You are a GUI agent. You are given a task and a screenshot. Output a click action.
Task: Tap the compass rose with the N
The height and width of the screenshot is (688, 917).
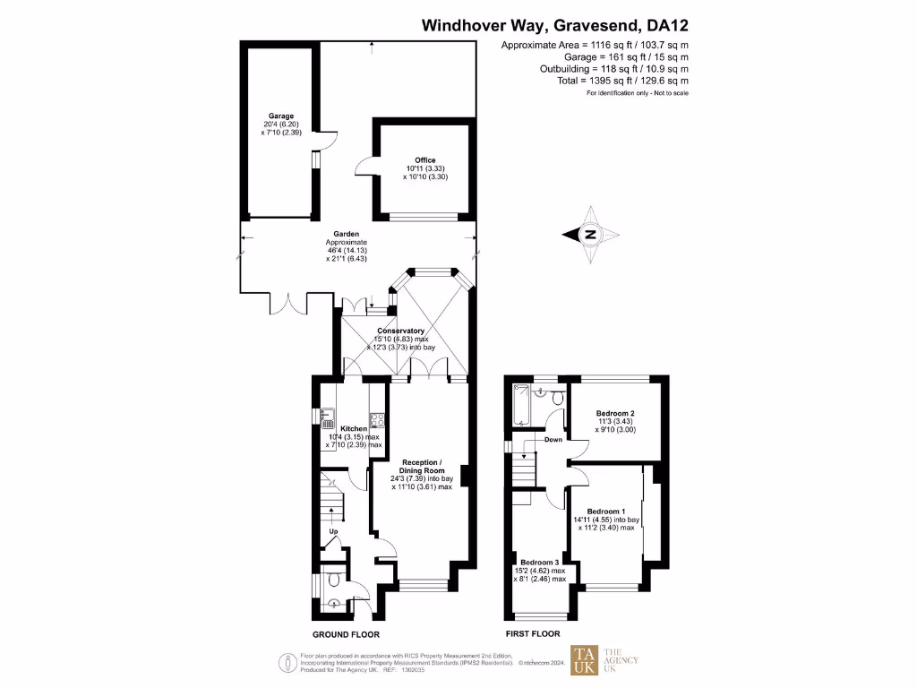click(591, 235)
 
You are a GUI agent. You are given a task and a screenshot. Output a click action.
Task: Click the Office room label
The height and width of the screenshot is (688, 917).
click(424, 160)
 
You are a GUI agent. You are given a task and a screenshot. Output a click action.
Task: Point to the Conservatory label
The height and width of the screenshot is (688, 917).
click(400, 331)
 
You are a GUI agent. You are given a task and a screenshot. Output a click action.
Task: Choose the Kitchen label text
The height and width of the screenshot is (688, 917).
click(353, 429)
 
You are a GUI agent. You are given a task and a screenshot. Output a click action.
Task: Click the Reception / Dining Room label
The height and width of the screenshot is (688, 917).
click(422, 466)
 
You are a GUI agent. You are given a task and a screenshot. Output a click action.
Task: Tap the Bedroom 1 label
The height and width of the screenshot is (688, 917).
click(607, 512)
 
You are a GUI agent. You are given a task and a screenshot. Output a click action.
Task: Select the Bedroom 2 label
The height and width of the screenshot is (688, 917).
click(615, 414)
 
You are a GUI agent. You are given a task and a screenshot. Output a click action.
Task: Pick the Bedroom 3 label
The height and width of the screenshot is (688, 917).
click(539, 562)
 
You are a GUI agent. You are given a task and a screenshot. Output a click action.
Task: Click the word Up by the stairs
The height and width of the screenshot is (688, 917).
click(334, 532)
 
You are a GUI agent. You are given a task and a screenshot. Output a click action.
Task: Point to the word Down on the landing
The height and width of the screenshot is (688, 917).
click(553, 440)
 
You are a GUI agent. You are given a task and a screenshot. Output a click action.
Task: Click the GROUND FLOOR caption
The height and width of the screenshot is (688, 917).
click(346, 633)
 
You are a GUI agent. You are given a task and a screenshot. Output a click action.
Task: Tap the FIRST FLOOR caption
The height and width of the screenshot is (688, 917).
click(533, 633)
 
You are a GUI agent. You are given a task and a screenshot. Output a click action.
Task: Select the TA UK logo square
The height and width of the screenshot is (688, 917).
click(587, 660)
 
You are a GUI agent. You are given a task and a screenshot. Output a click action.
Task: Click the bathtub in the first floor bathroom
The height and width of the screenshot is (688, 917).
click(521, 407)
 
